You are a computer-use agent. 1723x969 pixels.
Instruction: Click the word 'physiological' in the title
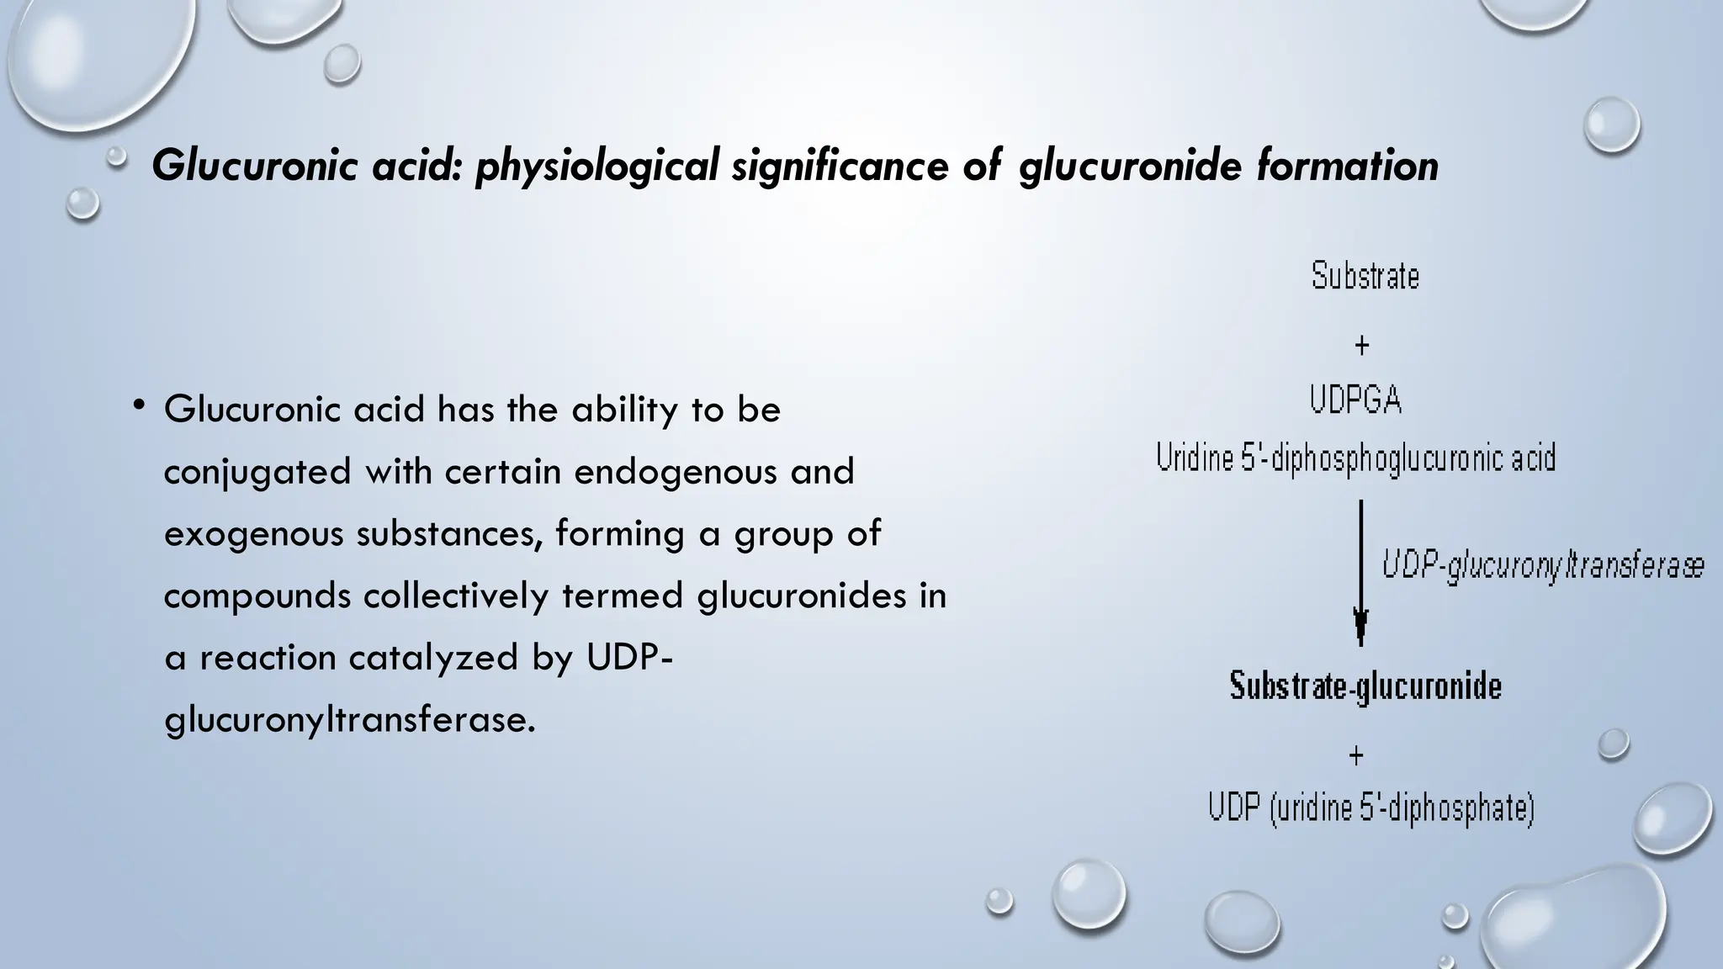[x=596, y=166]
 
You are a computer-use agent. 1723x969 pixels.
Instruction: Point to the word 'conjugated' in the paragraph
[x=257, y=472]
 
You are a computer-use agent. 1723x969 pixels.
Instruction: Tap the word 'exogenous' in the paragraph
[x=253, y=534]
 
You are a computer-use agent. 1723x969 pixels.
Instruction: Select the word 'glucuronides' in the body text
[x=808, y=596]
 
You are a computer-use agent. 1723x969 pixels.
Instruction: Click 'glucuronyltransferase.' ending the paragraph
[x=349, y=720]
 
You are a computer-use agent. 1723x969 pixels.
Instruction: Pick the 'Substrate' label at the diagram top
[x=1365, y=276]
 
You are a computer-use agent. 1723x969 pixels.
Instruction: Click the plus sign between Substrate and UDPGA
[x=1361, y=345]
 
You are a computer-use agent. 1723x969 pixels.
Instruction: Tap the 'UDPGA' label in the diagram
[x=1355, y=400]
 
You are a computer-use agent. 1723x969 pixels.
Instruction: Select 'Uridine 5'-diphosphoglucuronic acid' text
[x=1355, y=458]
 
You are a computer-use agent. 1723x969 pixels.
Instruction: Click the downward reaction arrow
[x=1360, y=572]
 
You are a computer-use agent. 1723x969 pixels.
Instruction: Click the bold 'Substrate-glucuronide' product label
[x=1365, y=686]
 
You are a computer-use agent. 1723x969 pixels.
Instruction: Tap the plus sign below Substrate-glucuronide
[x=1356, y=755]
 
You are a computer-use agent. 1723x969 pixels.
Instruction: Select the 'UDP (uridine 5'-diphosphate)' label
[x=1371, y=808]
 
